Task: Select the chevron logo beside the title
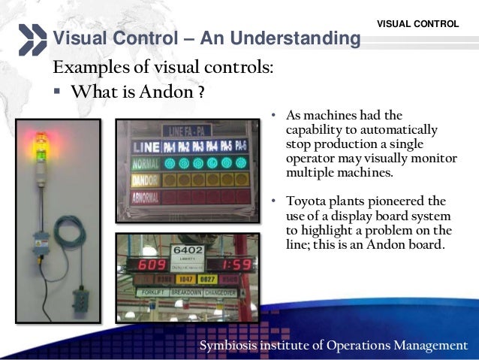point(32,39)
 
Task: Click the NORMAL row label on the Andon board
point(145,162)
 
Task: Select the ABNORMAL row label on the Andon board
point(145,198)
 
